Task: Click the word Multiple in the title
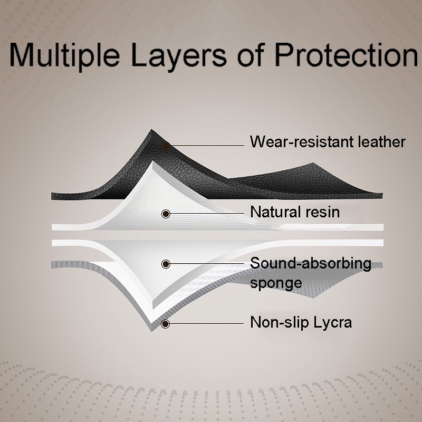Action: point(64,55)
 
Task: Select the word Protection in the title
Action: point(347,55)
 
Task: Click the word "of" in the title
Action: point(250,55)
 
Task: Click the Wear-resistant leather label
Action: point(328,142)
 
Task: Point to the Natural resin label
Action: point(295,212)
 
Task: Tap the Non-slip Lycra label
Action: point(301,323)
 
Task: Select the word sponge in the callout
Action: point(276,284)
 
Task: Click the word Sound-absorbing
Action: point(311,263)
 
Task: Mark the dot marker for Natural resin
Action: point(166,214)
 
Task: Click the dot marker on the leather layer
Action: point(166,146)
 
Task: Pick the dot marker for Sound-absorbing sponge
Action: point(166,264)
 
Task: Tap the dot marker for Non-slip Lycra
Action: point(165,324)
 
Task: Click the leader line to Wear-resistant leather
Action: point(207,146)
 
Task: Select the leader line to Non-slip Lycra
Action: point(207,323)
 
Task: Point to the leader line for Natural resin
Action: point(207,214)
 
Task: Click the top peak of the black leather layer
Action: point(151,129)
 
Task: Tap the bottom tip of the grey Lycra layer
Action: point(152,331)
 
